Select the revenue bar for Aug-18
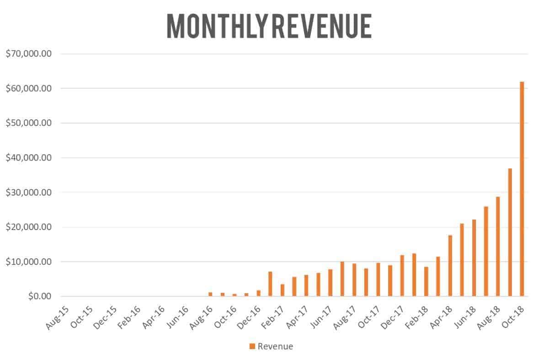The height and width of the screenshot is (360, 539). [498, 247]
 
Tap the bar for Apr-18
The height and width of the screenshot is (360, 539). [450, 266]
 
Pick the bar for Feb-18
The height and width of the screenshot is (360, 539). [426, 281]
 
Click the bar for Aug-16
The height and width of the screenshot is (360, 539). [210, 294]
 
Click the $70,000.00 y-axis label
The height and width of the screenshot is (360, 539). [28, 54]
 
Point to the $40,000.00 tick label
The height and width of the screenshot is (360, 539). [28, 158]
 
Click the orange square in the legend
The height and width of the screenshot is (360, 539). [252, 346]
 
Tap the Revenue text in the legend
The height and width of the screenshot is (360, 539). [275, 346]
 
